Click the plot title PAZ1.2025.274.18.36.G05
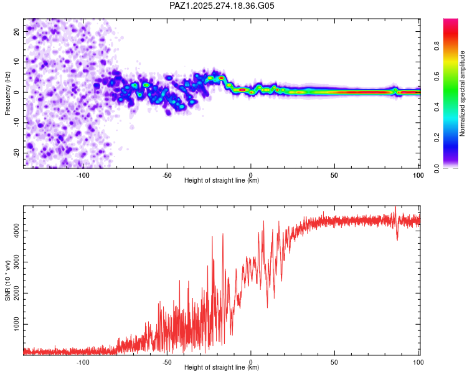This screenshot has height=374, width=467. pyautogui.click(x=222, y=6)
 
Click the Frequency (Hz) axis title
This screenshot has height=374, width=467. pyautogui.click(x=8, y=93)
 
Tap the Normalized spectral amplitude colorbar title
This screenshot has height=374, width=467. pyautogui.click(x=463, y=93)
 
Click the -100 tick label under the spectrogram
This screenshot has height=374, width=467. pyautogui.click(x=83, y=175)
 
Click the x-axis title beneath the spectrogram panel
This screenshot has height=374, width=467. pyautogui.click(x=222, y=181)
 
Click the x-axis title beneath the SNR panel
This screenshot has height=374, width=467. pyautogui.click(x=222, y=368)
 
